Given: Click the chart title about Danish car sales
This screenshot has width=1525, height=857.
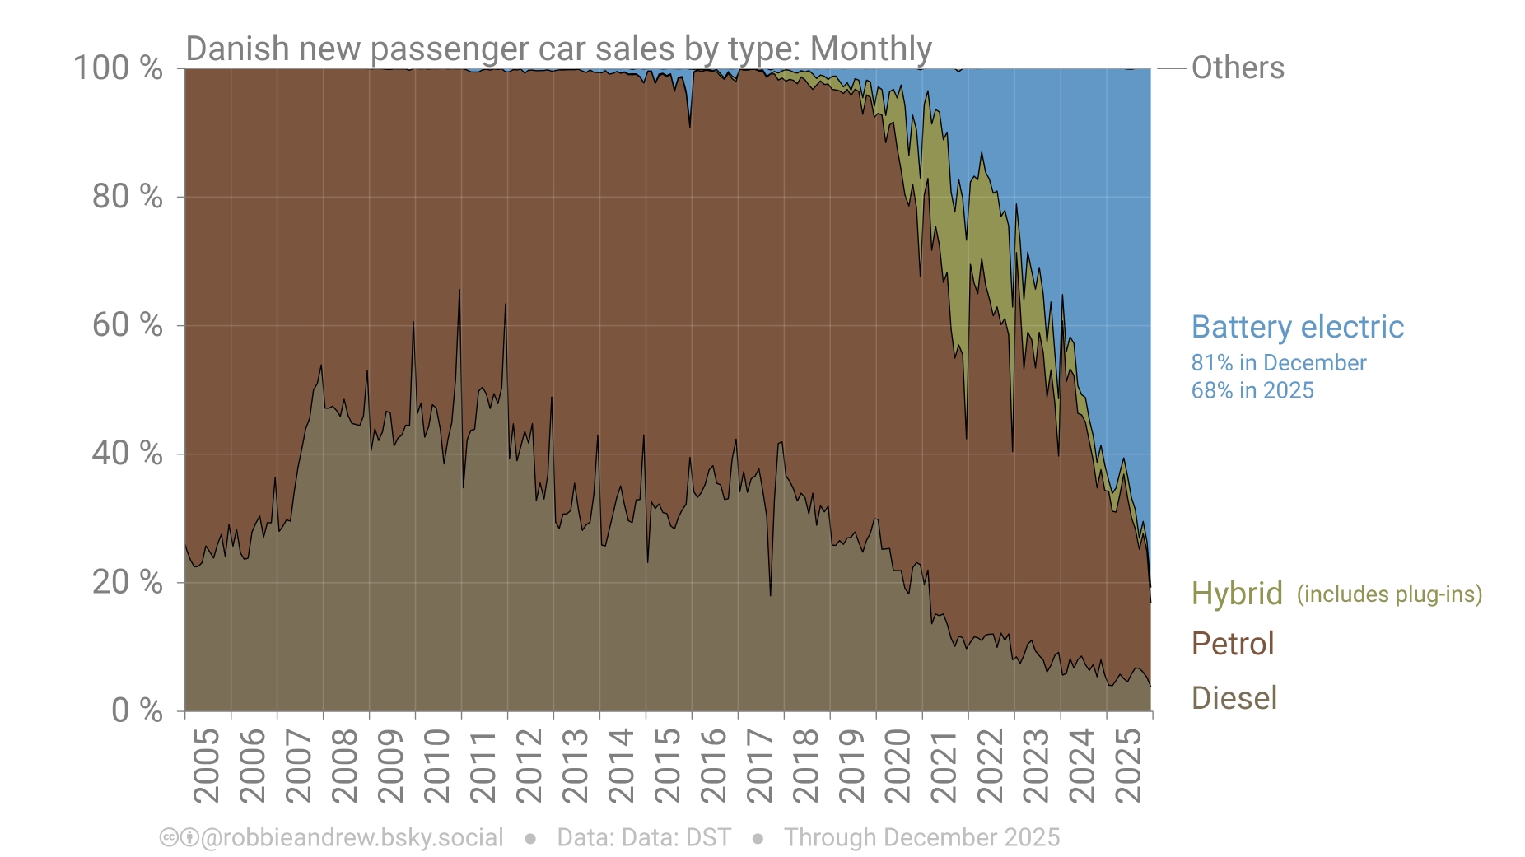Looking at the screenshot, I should [558, 49].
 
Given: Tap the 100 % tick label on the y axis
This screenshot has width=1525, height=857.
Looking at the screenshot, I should [118, 68].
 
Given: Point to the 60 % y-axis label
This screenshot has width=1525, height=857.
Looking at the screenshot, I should [127, 325].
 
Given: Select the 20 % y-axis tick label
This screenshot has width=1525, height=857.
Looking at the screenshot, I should [127, 582].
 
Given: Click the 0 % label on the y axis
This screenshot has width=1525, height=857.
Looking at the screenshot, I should [137, 710].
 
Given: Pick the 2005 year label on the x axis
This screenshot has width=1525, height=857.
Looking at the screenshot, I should [206, 765].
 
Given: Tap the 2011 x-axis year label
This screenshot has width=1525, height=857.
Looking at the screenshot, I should [483, 765].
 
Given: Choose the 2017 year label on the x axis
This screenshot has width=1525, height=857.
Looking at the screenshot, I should [759, 765].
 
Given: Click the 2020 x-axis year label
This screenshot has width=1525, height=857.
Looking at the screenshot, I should [898, 765].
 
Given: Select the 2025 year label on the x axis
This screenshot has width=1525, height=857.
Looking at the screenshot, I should [1128, 765].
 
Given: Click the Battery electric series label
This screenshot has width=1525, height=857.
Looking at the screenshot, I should [1297, 327].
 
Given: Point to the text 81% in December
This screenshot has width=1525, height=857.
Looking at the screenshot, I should [1278, 363].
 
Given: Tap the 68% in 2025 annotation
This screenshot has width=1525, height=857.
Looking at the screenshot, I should [1252, 390].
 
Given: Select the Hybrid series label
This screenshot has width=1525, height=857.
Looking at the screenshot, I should [1237, 594].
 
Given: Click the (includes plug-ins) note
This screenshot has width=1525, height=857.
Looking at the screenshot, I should [1389, 594].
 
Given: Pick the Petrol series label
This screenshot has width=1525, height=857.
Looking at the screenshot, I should [1232, 644].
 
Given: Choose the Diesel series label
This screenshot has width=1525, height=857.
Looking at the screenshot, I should [1234, 698].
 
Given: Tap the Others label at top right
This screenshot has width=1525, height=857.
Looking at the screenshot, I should [1237, 68].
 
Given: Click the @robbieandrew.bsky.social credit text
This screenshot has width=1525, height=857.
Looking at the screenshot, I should [352, 837].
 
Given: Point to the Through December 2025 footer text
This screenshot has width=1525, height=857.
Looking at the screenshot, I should [921, 837].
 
